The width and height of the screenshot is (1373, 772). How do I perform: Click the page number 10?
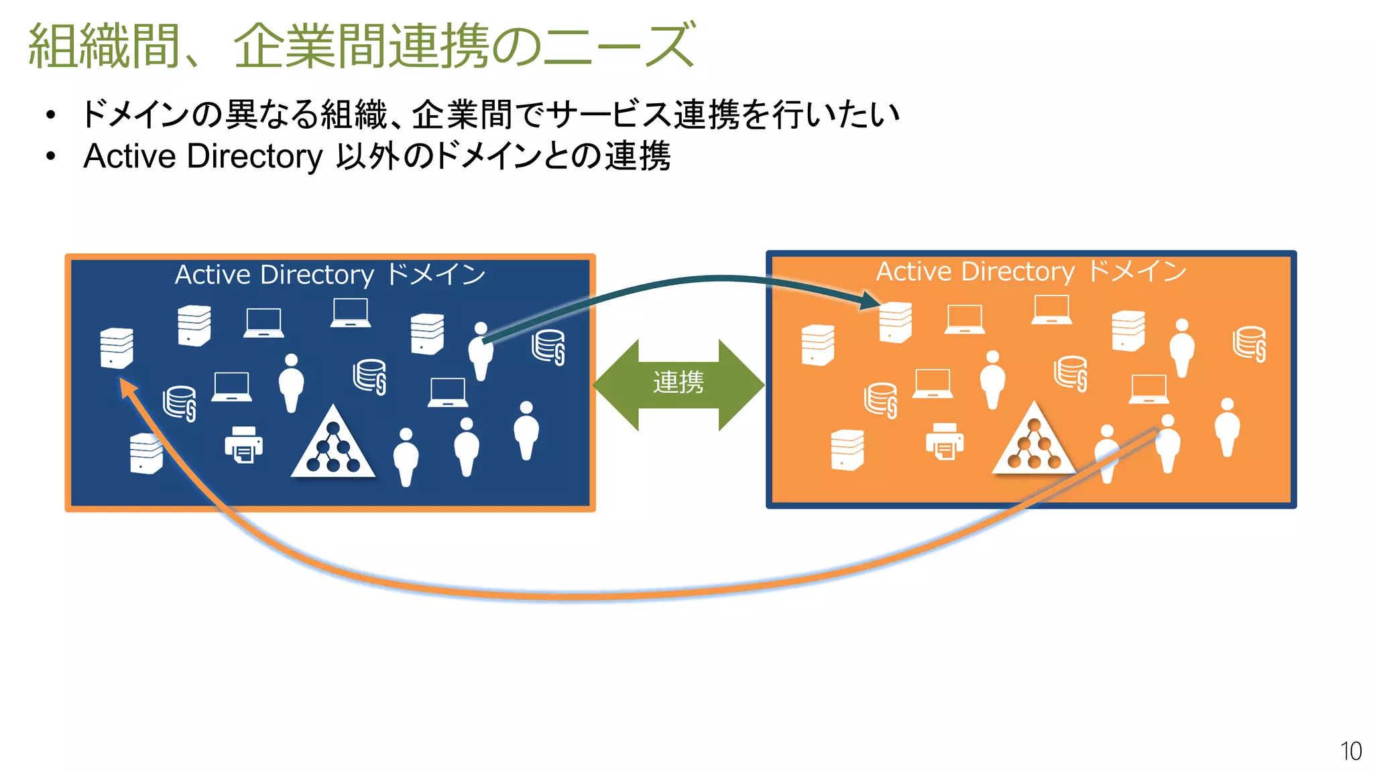pyautogui.click(x=1350, y=751)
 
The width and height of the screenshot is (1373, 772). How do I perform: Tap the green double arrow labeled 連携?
pyautogui.click(x=678, y=384)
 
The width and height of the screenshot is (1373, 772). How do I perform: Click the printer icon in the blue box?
pyautogui.click(x=243, y=444)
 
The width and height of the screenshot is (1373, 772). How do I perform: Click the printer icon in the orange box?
pyautogui.click(x=944, y=441)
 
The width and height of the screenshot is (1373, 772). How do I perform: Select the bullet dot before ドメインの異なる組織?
pyautogui.click(x=51, y=115)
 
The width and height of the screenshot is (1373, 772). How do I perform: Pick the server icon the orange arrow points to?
pyautogui.click(x=117, y=348)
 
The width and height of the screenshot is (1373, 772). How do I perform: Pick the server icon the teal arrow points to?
pyautogui.click(x=896, y=322)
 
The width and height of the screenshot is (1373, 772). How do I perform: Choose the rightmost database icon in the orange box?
pyautogui.click(x=1249, y=344)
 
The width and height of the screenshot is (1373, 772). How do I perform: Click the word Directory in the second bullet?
pyautogui.click(x=255, y=156)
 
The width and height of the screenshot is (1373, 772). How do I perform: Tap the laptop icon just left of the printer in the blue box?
pyautogui.click(x=231, y=387)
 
